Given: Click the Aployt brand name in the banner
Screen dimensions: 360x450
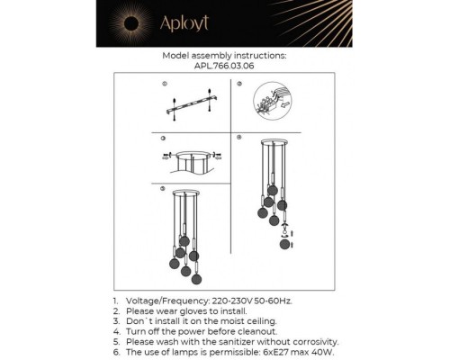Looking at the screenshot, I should [x=232, y=25].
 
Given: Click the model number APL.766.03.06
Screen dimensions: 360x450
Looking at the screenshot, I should [x=224, y=65].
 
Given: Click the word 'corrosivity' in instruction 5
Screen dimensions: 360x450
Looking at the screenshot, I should [x=310, y=342].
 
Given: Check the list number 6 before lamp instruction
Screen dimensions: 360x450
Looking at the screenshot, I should [x=114, y=353].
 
